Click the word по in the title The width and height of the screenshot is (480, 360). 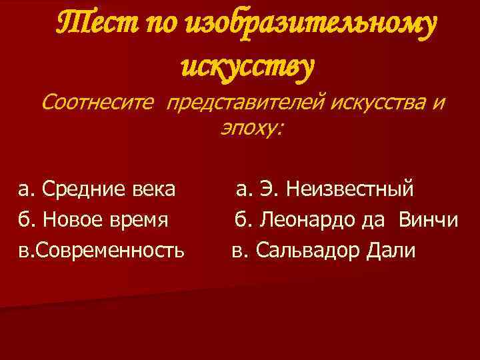click(x=161, y=26)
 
